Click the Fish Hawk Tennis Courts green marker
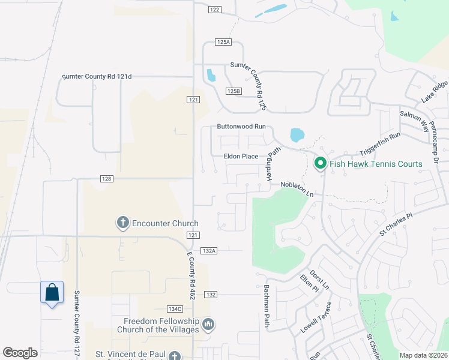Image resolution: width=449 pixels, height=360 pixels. [x=320, y=163]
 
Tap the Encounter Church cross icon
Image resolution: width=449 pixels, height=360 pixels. [x=122, y=223]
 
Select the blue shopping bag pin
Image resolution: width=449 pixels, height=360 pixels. [x=52, y=292]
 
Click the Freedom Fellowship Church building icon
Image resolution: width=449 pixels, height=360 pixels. [x=208, y=325]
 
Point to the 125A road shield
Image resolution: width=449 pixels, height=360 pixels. [x=223, y=42]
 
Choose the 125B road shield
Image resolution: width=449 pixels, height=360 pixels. [x=234, y=91]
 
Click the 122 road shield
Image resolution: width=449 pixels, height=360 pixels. [x=215, y=10]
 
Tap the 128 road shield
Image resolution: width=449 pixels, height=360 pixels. [x=107, y=179]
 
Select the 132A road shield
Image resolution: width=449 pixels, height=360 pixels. [x=208, y=250]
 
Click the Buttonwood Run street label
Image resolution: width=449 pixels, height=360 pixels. [x=241, y=127]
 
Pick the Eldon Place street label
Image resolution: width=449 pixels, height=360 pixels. [x=241, y=157]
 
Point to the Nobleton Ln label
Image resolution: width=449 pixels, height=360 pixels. [x=297, y=190]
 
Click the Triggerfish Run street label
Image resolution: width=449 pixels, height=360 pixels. [x=379, y=145]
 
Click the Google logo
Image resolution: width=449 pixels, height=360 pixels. [x=20, y=353]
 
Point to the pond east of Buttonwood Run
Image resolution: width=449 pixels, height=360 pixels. [x=297, y=135]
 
